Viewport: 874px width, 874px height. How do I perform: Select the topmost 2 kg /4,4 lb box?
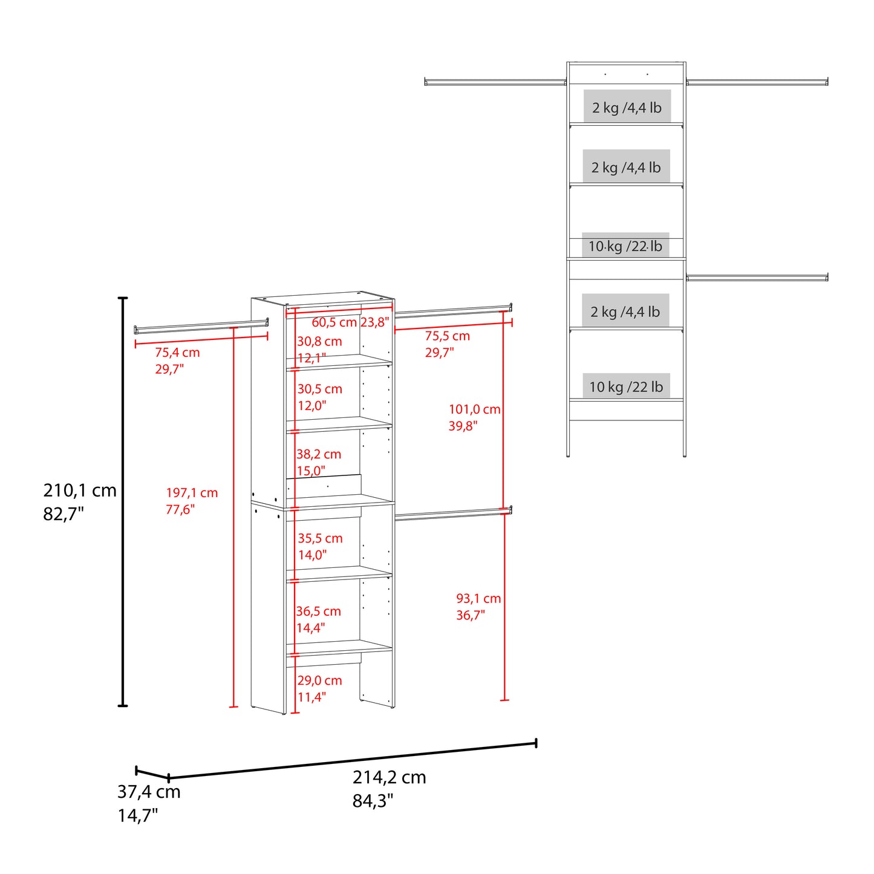pos(627,107)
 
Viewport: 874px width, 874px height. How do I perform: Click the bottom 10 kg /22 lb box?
pos(626,386)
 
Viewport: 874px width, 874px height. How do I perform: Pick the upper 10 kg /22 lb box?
pos(625,246)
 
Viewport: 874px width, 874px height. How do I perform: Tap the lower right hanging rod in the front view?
pos(757,277)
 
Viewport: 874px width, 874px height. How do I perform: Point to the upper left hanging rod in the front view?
pos(495,82)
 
